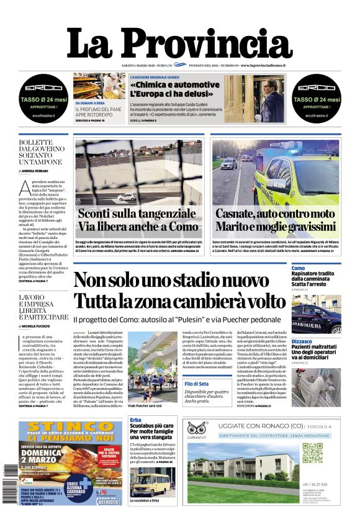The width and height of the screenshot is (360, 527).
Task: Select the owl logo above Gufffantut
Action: coord(198,429)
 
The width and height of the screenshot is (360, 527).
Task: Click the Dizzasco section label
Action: coord(302,341)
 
